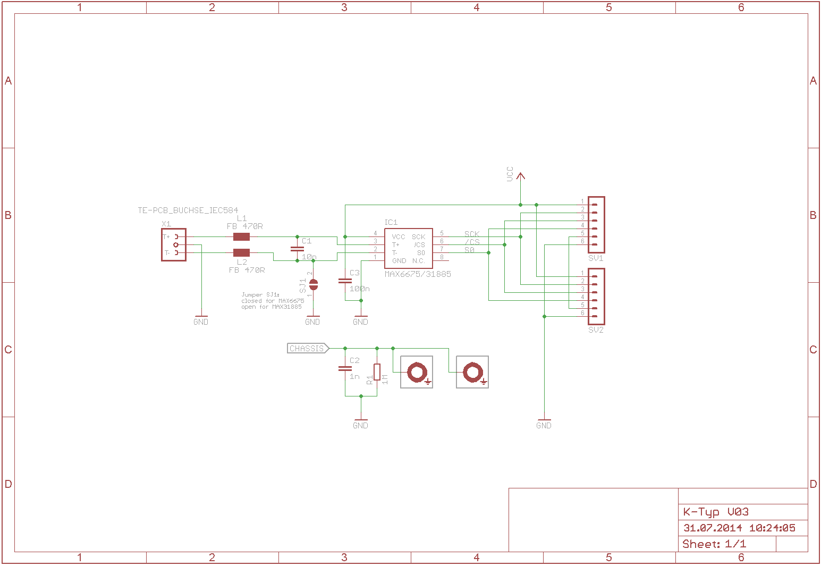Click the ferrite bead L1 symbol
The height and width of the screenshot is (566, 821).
coord(241,237)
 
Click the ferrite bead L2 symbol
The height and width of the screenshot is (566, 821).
coord(241,253)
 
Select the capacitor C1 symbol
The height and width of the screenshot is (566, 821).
coord(297,249)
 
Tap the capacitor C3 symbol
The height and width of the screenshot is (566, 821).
coord(345,281)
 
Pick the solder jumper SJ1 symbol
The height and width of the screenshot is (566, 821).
coord(314,285)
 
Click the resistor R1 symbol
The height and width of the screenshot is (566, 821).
coord(377,372)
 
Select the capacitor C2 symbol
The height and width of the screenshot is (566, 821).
coord(345,368)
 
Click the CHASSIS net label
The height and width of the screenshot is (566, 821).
coord(308,349)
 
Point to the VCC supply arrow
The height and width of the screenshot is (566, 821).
coord(520,177)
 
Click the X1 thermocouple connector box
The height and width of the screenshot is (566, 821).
coord(174,245)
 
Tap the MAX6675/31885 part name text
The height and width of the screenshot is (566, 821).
coord(418,274)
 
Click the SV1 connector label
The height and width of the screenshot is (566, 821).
coord(596,258)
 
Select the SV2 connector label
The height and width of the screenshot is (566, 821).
coord(596,330)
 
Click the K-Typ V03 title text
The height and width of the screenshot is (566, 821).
coord(716,512)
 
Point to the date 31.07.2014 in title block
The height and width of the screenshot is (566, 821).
coord(713,528)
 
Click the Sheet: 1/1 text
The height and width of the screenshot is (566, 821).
coord(714,544)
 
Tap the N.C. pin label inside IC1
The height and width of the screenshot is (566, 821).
coord(419,261)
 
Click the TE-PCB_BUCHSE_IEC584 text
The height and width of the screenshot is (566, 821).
coord(188,210)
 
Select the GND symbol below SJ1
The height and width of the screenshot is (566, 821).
coord(312,320)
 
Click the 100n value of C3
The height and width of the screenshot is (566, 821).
coord(360,289)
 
